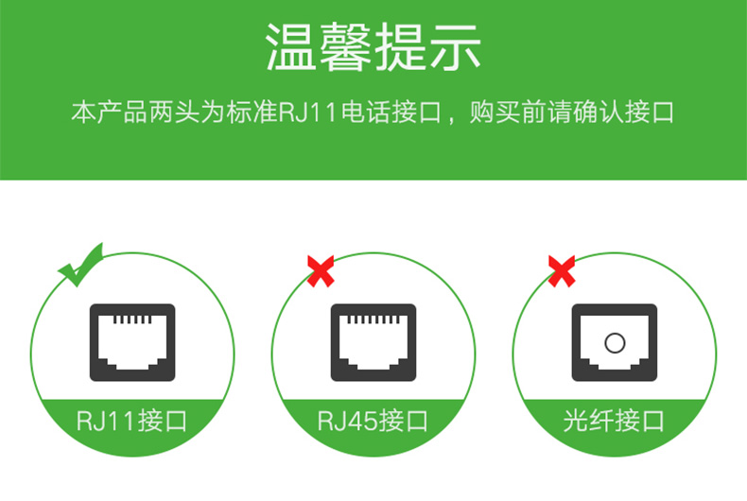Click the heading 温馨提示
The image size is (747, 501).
point(373,47)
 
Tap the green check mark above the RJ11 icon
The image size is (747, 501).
point(79,267)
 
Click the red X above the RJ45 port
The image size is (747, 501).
point(321,271)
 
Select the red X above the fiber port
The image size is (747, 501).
point(562,271)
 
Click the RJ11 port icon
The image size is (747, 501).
point(132,342)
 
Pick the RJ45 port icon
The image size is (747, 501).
point(373,342)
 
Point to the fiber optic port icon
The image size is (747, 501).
point(615,342)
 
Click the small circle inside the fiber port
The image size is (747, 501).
point(615,342)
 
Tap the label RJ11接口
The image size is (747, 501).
point(132,421)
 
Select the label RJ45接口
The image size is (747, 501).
point(373,421)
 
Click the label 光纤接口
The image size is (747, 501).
point(614,421)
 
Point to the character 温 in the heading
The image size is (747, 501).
point(290,47)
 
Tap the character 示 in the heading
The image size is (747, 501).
point(456,47)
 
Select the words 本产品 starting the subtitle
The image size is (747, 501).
point(110,112)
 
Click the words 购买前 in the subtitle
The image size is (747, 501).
point(509,112)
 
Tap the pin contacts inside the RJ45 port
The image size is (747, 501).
point(373,320)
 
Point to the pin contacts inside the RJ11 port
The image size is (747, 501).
point(132,320)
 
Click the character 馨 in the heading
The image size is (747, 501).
point(346,47)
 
